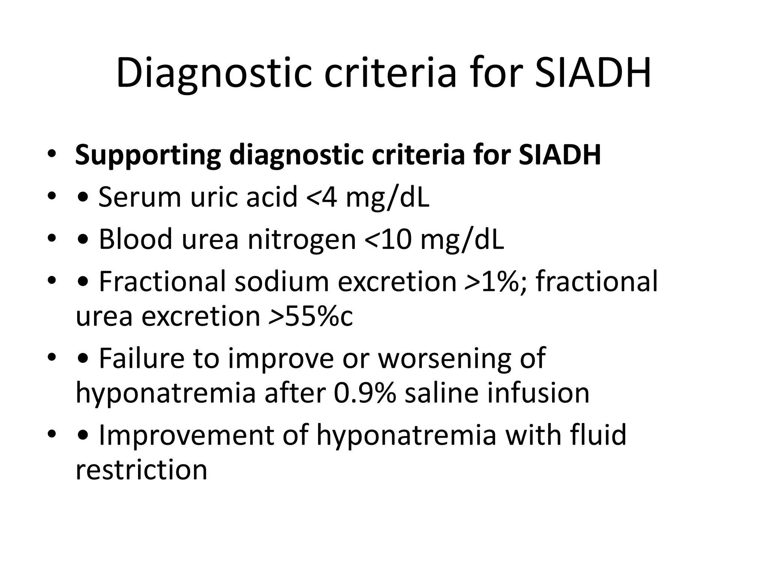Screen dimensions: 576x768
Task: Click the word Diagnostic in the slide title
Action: coord(214,73)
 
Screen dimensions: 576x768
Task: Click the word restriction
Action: coord(141,470)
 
